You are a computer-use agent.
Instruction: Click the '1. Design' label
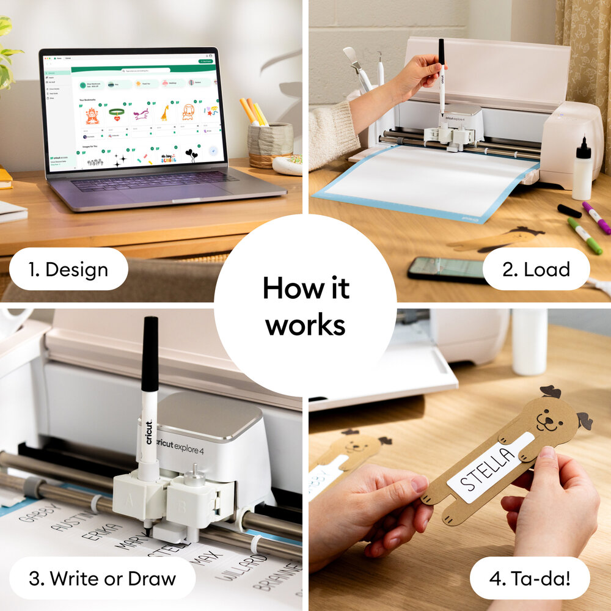tap(68, 269)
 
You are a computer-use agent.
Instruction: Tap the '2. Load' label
tap(536, 269)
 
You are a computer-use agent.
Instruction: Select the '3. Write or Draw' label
tap(103, 577)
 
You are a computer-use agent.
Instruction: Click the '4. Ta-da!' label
tap(529, 577)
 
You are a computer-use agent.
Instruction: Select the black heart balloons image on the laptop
tap(191, 155)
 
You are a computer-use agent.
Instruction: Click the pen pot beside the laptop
tap(269, 144)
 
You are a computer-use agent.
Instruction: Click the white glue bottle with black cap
tap(582, 171)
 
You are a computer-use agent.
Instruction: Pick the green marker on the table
tap(584, 236)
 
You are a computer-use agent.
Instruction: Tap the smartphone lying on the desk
tap(448, 269)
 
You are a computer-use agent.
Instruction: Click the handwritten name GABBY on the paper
tap(40, 511)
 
